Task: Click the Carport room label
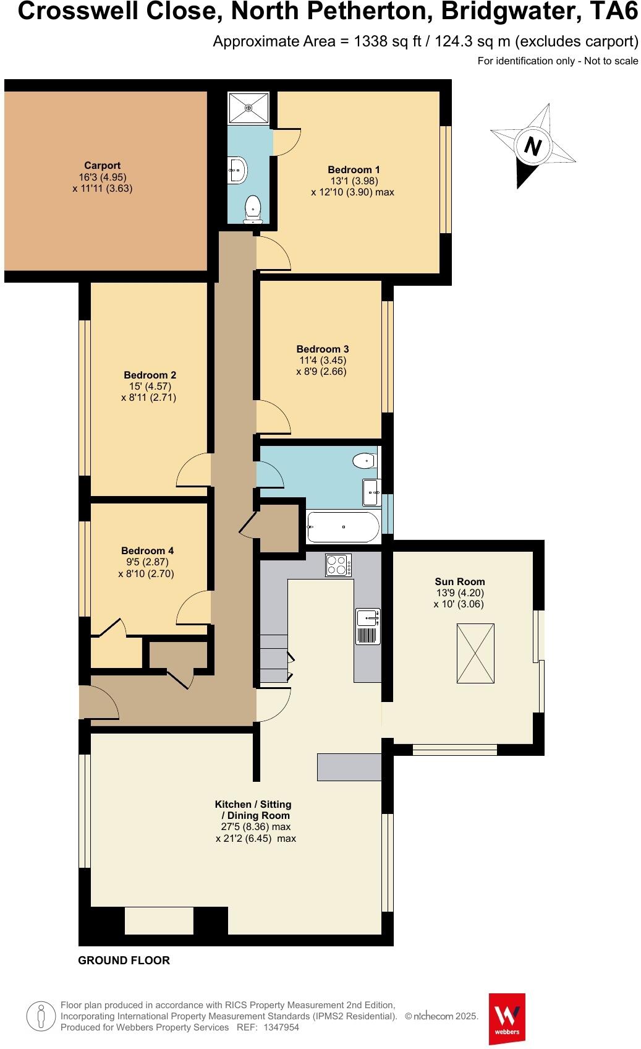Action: (103, 165)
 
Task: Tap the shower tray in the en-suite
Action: (249, 108)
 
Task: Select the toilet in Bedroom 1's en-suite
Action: (253, 208)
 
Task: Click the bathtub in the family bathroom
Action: (343, 527)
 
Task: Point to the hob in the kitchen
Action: (339, 565)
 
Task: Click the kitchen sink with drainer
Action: (368, 626)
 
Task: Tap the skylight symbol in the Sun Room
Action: (475, 653)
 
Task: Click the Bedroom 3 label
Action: (322, 349)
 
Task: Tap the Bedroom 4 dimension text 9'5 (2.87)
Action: (146, 562)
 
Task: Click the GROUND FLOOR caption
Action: (124, 961)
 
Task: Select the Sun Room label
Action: (460, 581)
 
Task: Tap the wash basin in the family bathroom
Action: (371, 492)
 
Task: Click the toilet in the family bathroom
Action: (364, 460)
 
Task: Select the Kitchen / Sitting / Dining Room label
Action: (253, 810)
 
